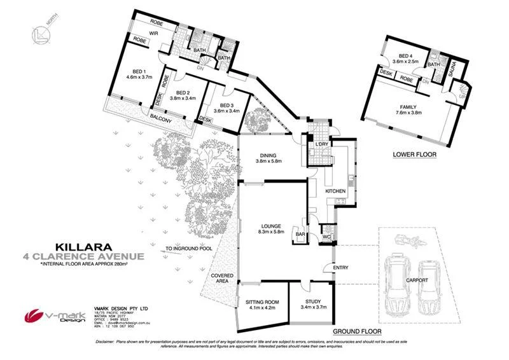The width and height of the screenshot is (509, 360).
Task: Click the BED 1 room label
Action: (139, 71)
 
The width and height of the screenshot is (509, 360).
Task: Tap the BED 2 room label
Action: (183, 92)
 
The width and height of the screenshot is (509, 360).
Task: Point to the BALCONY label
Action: (162, 119)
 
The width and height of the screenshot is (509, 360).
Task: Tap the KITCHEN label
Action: (335, 191)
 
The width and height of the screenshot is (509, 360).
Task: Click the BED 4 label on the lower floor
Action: (405, 56)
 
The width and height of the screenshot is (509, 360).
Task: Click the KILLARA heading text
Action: (83, 246)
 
